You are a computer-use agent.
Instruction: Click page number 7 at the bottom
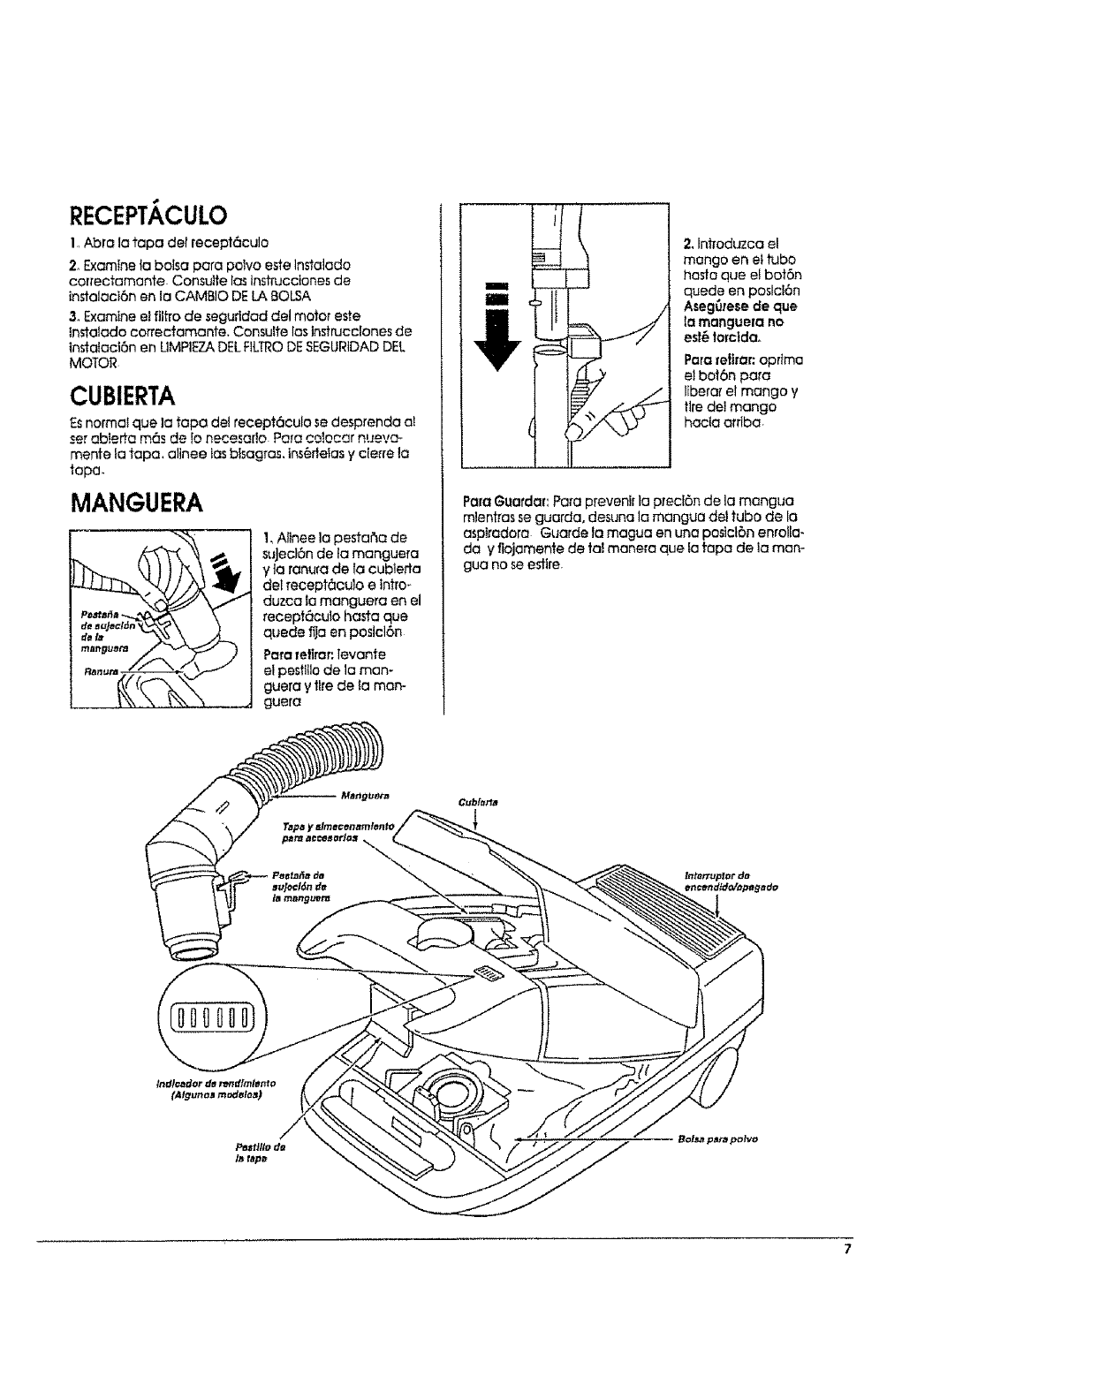click(x=846, y=1250)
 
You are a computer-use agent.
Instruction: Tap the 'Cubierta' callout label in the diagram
click(x=478, y=803)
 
